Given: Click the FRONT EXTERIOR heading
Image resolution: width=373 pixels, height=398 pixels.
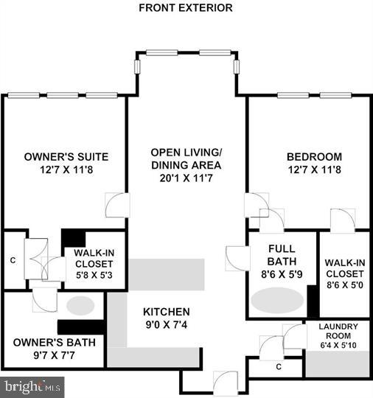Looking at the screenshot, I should tap(186, 8).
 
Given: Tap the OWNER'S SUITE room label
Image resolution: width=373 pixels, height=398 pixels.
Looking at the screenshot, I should tap(66, 156).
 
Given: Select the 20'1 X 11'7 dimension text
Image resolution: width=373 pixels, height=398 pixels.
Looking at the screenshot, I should tap(186, 178).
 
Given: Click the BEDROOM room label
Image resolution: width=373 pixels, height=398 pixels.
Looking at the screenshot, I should tap(314, 156).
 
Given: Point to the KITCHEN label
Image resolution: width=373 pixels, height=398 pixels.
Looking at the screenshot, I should tap(166, 312).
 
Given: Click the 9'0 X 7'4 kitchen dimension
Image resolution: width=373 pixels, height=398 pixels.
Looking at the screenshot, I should tap(166, 325).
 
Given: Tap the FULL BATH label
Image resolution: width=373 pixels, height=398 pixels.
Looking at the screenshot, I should tap(282, 256).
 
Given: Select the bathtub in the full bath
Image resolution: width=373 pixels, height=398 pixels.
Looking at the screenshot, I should tap(278, 300).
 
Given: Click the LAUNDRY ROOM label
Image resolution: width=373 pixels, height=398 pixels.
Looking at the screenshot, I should tap(338, 331).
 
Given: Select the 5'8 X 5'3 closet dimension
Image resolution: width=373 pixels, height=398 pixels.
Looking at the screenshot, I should tap(92, 276).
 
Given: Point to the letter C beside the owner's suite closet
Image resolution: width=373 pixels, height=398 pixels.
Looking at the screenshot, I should tap(13, 259).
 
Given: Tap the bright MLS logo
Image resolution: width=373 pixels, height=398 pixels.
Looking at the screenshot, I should tap(32, 386).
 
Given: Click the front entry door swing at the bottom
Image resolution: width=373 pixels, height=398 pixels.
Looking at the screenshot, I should tap(224, 382).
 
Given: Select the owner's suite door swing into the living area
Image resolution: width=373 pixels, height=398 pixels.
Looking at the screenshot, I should tap(117, 206).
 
